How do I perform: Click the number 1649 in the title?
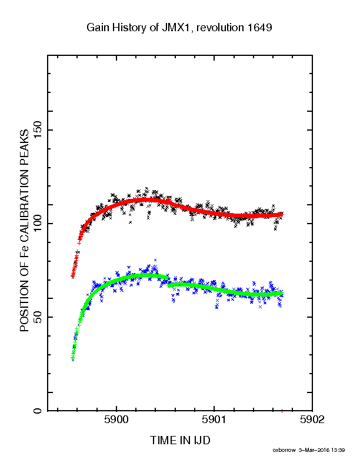(x=259, y=27)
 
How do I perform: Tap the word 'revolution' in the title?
(x=220, y=27)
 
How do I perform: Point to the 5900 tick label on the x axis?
(x=116, y=420)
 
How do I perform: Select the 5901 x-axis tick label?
(x=214, y=420)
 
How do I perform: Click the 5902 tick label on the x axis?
(x=312, y=420)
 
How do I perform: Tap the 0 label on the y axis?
(x=38, y=411)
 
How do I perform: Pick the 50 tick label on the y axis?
(x=38, y=317)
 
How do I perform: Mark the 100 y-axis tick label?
(x=38, y=223)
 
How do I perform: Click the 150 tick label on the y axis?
(x=38, y=129)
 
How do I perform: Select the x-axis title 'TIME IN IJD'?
(x=180, y=440)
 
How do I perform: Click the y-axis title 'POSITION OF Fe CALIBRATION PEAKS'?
(x=24, y=231)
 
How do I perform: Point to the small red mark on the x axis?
(x=282, y=411)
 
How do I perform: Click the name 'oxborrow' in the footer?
(x=284, y=450)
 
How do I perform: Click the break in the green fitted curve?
(x=168, y=282)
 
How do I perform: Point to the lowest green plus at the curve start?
(x=73, y=358)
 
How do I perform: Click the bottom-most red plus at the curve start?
(x=72, y=276)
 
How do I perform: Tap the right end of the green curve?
(x=282, y=294)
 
